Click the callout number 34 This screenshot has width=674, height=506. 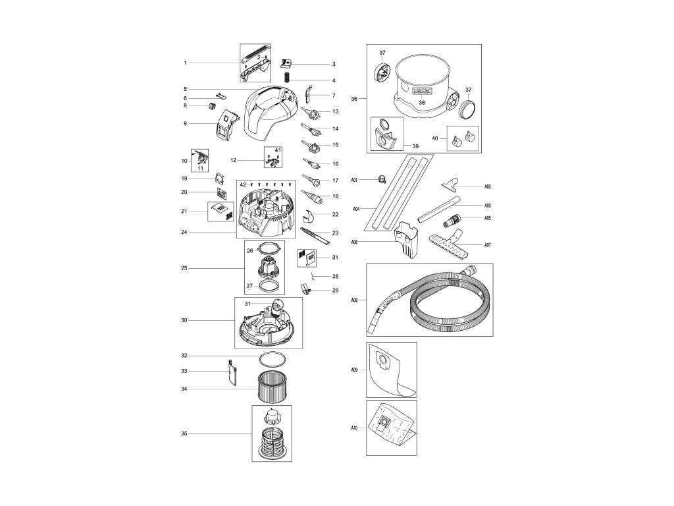[185, 389]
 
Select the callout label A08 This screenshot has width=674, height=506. [354, 299]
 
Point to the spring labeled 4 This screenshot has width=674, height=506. [286, 78]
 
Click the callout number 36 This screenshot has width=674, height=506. [354, 99]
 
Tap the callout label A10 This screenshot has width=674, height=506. [354, 428]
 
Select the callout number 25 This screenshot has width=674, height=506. [185, 268]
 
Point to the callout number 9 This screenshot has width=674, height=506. [185, 123]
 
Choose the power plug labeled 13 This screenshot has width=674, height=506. [311, 113]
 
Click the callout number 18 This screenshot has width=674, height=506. [335, 196]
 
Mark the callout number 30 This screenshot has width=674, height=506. [185, 321]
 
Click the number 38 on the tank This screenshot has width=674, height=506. [422, 103]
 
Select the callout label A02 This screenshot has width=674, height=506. [488, 186]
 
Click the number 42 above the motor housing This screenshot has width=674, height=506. [242, 184]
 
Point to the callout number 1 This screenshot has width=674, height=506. [186, 63]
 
